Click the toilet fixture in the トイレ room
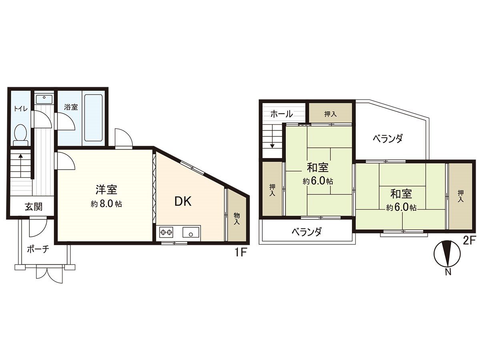[20, 134]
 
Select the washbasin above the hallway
[44, 98]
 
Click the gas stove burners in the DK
[166, 232]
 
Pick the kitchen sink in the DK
[191, 232]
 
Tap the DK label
[183, 202]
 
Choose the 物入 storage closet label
[236, 219]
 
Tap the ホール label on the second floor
[281, 114]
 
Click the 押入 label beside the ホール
[330, 114]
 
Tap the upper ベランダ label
[387, 139]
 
